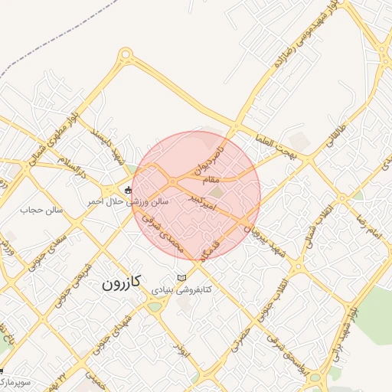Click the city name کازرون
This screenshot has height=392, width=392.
[x=122, y=283]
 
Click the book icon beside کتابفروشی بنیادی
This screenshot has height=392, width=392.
[x=181, y=277]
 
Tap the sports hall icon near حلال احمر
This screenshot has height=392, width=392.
[x=128, y=189]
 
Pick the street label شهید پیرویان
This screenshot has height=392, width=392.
[x=256, y=223]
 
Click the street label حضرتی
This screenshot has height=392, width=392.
[x=242, y=335]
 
